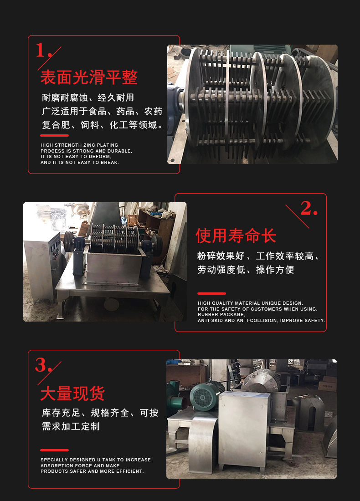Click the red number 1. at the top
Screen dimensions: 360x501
44,50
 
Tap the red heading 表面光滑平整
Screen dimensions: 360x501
89,77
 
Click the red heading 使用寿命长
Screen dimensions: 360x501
236,236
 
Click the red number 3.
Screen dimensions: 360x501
43,365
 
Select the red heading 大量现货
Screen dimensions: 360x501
72,394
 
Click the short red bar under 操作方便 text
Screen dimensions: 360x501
211,293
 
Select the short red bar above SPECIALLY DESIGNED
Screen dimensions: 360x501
54,450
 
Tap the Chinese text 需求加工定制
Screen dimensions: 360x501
71,426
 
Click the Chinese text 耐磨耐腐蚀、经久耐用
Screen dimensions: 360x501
88,97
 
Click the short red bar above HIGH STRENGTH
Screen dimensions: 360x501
54,135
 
